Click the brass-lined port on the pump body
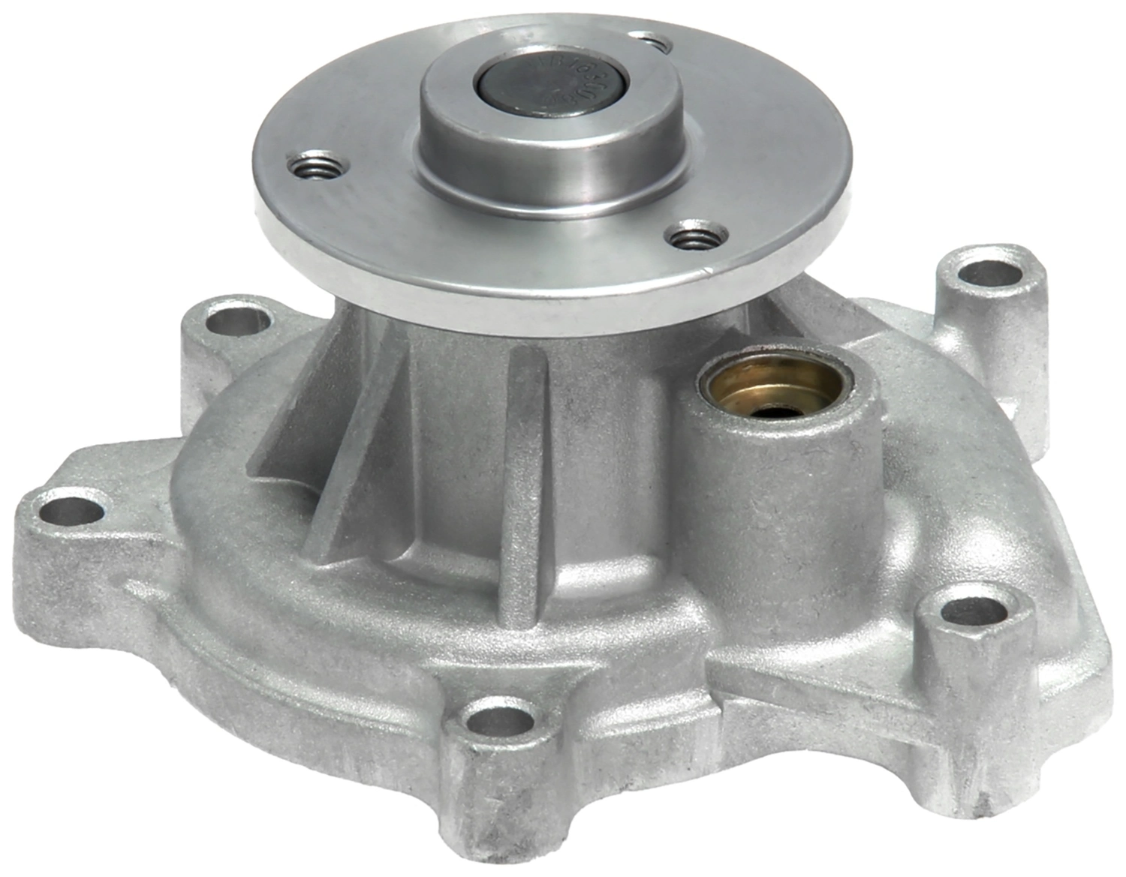(x=774, y=387)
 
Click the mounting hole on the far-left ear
(x=70, y=511)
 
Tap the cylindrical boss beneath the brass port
(x=781, y=510)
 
